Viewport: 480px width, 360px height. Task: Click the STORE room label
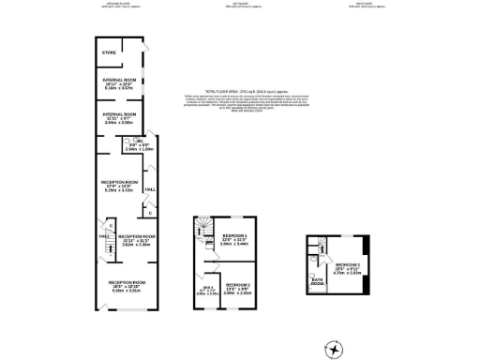(109, 52)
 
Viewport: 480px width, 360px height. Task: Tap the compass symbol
(333, 348)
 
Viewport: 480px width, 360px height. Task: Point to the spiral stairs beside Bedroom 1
(199, 232)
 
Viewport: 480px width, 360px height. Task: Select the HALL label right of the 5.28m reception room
(149, 189)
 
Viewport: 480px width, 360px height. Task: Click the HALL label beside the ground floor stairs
(102, 236)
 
